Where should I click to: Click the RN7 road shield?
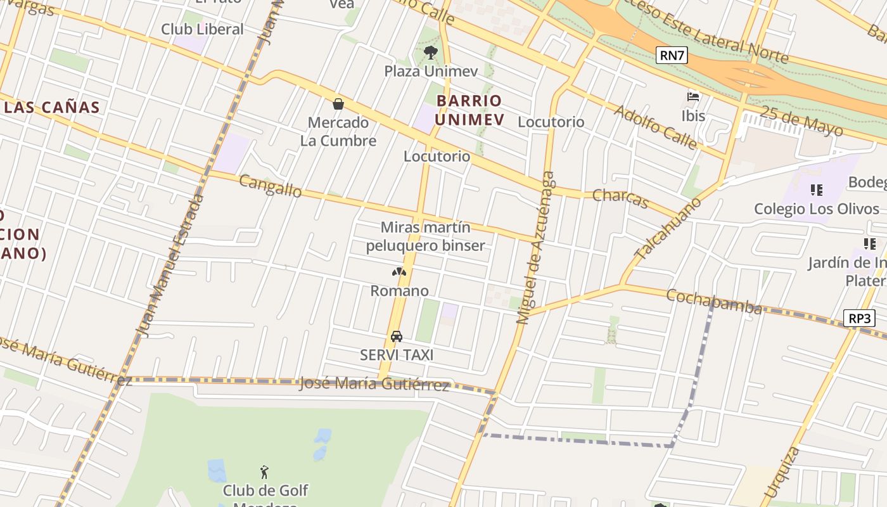(x=672, y=55)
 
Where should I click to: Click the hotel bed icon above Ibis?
(x=693, y=97)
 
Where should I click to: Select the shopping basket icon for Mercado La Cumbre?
(x=338, y=104)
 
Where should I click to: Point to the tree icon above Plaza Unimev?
(x=430, y=52)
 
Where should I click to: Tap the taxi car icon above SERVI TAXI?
(x=397, y=336)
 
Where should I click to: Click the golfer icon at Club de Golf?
(x=265, y=472)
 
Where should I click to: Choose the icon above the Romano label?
(x=399, y=273)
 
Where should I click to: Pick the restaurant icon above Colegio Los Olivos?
(x=817, y=189)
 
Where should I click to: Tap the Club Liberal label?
(x=202, y=29)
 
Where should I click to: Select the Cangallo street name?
(x=271, y=186)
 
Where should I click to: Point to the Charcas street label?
(x=621, y=198)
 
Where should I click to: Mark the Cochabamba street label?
(x=714, y=301)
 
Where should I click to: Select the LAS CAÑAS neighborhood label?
(x=52, y=107)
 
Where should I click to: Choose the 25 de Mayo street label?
(x=801, y=120)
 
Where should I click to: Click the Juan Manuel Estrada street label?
(x=170, y=266)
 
